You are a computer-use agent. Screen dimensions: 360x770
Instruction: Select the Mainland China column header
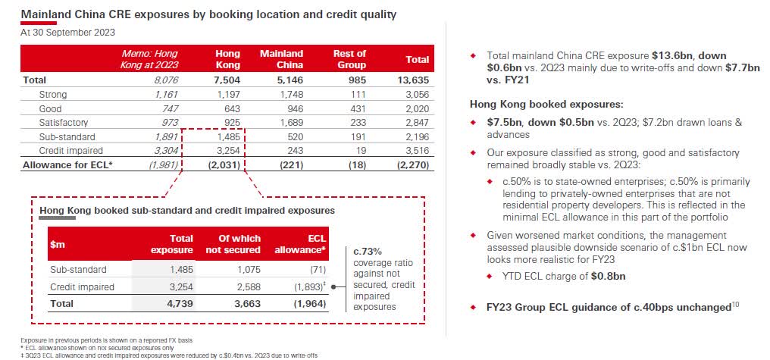tap(281, 59)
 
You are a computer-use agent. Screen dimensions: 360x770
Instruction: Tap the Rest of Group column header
tap(349, 59)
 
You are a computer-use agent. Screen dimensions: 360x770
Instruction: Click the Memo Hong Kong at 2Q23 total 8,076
tap(164, 80)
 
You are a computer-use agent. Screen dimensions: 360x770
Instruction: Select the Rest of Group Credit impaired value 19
tap(360, 150)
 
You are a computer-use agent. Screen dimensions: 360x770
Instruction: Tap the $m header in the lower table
tap(58, 244)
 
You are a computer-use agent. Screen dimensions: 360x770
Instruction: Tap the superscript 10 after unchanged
tap(734, 305)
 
